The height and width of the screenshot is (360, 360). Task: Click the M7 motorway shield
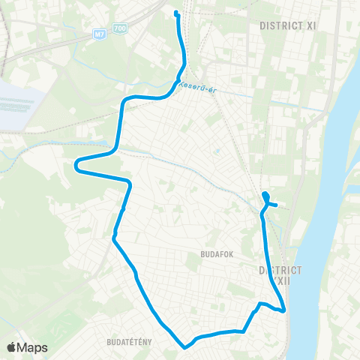[100, 34]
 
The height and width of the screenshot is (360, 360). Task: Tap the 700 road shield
[121, 28]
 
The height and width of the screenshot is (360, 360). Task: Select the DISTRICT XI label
[287, 25]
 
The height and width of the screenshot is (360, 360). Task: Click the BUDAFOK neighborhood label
[217, 254]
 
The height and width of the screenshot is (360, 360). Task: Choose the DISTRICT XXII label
[280, 274]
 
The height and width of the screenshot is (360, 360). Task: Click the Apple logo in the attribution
[12, 347]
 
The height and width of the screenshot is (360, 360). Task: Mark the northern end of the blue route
[175, 13]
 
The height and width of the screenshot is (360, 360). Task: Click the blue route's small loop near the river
[266, 198]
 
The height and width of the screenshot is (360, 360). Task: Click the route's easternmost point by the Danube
[285, 310]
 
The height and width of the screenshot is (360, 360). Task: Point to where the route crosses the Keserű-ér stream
[177, 82]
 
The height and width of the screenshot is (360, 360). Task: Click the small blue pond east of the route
[216, 149]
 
